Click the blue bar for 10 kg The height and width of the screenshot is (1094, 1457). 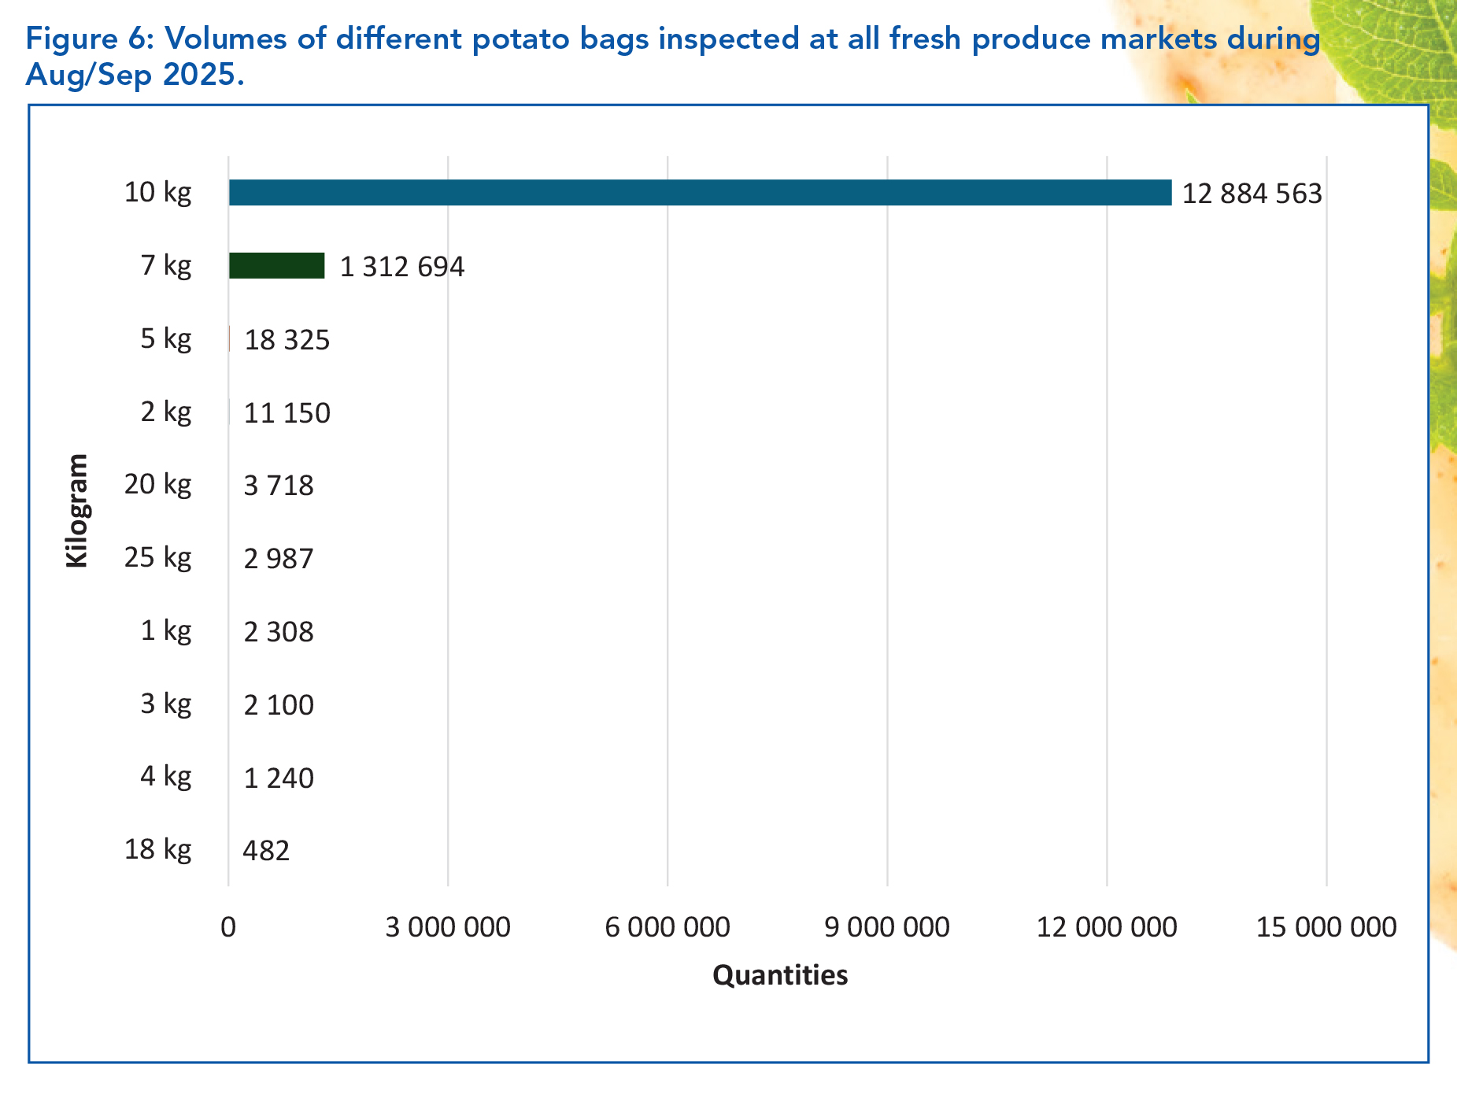coord(699,193)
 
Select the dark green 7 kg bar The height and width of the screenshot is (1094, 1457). coord(276,266)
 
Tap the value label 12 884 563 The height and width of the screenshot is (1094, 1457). coord(1252,194)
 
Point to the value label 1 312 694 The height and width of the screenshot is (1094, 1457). coord(401,267)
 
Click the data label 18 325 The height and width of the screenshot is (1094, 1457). coord(287,340)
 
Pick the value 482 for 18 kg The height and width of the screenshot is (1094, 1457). coord(266,851)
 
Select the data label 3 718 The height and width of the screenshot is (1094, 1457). coord(279,486)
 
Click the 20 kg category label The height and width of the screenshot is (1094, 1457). coord(157,484)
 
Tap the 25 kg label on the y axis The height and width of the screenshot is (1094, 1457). coord(157,557)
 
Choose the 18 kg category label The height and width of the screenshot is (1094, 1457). coord(157,850)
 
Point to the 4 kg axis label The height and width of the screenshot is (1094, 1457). coord(165,777)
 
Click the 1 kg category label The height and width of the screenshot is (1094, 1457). coord(165,630)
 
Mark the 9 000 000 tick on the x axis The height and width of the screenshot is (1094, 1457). coord(886,927)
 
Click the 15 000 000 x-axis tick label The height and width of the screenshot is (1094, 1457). coord(1326,927)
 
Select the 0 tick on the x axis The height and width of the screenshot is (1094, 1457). coord(228,927)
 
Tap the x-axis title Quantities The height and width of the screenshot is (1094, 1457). coord(779,975)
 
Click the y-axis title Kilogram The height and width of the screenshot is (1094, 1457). coord(77,510)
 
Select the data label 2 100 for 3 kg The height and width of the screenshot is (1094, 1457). coord(279,705)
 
